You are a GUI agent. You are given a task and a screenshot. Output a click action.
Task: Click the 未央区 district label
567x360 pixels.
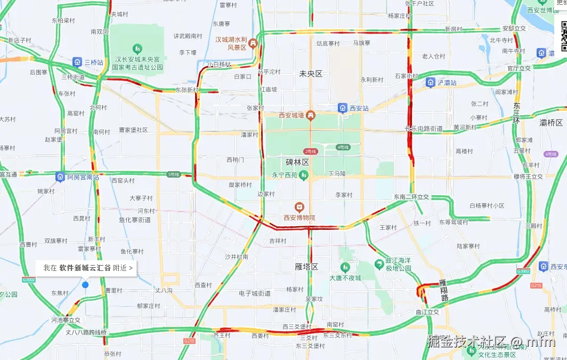pos(311,74)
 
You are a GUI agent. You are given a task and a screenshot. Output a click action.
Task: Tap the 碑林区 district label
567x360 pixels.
pos(297,162)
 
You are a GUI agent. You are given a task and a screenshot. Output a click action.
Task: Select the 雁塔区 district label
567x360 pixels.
pos(306,266)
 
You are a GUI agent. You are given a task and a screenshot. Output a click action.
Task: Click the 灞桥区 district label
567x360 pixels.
pos(551,123)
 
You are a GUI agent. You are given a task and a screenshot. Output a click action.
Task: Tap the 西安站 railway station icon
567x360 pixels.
pos(343,108)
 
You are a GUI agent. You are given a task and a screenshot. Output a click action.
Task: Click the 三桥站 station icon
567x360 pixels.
pos(77,62)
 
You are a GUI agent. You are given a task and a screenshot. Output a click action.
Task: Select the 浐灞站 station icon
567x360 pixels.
pos(430,83)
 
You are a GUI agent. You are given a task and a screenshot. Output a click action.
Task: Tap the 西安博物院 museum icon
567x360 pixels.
pos(299,207)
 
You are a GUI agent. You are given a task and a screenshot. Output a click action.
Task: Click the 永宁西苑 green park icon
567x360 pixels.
pos(303,174)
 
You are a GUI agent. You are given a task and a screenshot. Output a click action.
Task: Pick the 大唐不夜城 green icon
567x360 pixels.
pos(345,267)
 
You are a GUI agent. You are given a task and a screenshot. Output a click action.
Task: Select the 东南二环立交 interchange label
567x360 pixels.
pos(411,197)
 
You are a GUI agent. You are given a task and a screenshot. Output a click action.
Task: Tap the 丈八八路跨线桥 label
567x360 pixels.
pos(86,332)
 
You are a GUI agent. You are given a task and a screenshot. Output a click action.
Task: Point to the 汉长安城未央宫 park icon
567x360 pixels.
pos(137,49)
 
